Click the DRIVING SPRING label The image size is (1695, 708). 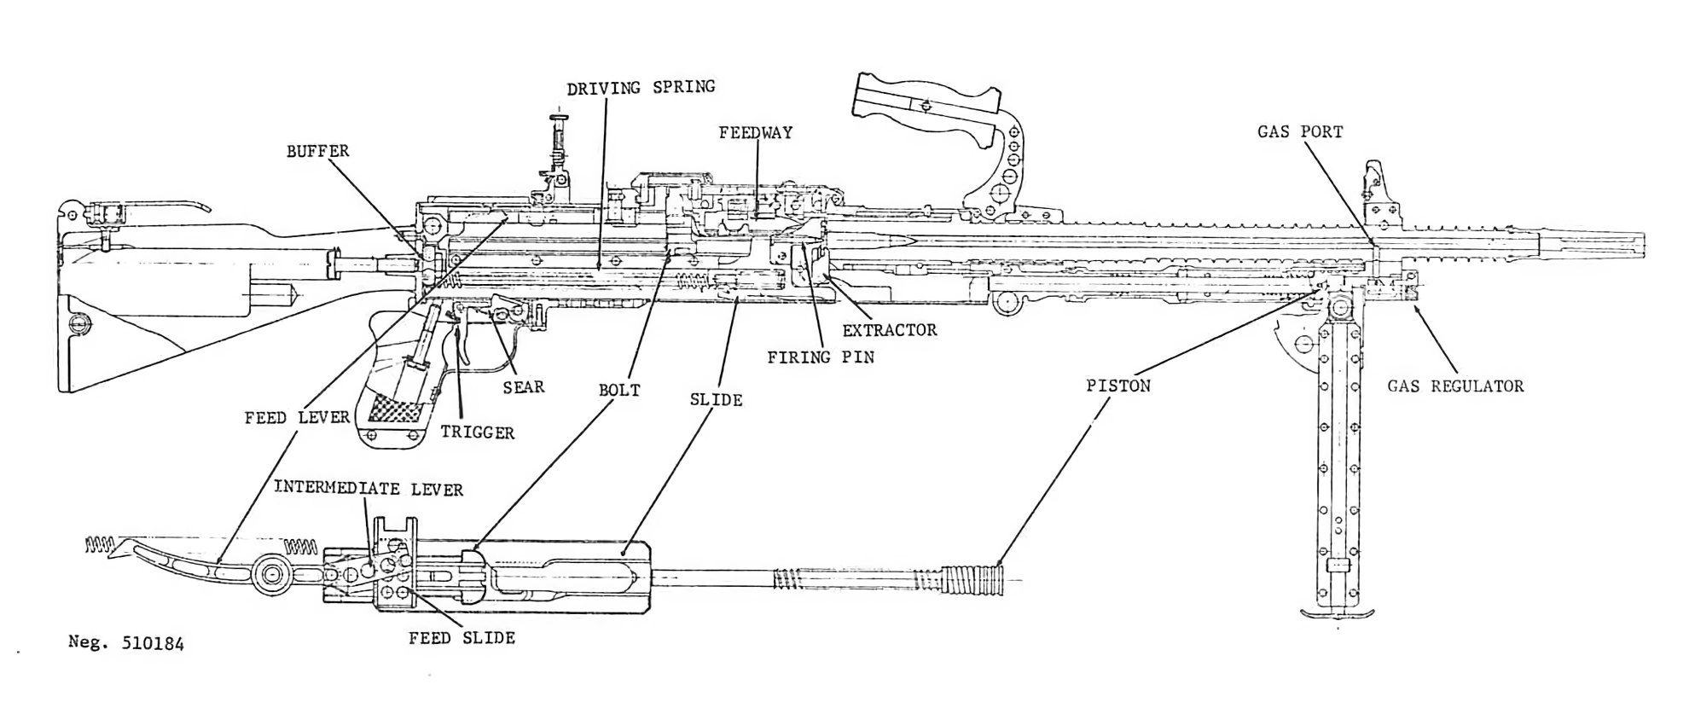641,87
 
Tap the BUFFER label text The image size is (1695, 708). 317,151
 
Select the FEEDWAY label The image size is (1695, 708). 755,132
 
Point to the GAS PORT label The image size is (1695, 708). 1299,131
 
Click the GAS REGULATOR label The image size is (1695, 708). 1454,386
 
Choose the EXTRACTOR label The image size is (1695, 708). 889,330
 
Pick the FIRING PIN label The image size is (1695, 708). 820,357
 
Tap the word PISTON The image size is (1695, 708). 1117,386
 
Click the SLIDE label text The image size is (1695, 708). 716,399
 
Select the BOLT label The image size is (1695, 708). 618,391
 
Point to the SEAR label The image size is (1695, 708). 523,386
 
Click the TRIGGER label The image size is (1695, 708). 477,432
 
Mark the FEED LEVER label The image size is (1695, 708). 297,417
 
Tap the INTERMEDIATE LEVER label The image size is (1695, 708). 368,489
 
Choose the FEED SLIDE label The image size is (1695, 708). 461,637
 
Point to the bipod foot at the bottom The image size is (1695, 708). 1337,612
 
